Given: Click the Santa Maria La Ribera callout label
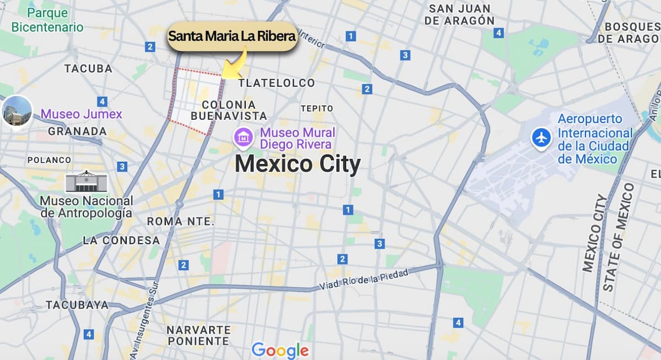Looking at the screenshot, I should coord(232,37).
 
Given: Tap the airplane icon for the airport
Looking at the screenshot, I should coord(541,138).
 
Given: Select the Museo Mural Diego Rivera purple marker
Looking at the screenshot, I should coord(243,137).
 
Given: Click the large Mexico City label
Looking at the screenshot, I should coord(297,164).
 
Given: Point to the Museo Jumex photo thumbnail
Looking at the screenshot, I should coord(17,111).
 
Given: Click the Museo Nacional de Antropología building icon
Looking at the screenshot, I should coord(86,181).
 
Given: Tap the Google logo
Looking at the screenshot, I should coord(280,350).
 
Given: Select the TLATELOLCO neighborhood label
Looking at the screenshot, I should coord(277,83).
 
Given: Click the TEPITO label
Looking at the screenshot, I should coord(317,108).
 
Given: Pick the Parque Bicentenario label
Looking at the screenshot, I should coord(47,20).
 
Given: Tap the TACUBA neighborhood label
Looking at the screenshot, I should coord(88,69).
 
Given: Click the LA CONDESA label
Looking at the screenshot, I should coord(121,241).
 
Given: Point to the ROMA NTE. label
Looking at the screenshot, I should coord(180,221).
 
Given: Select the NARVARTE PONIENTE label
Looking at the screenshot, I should coord(198,335).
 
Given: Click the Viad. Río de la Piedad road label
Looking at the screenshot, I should coord(364,279).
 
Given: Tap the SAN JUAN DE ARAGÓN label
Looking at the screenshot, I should coord(459,14).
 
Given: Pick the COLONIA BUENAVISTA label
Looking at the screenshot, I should coord(229,110).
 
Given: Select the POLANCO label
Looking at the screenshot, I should coord(49,160).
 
